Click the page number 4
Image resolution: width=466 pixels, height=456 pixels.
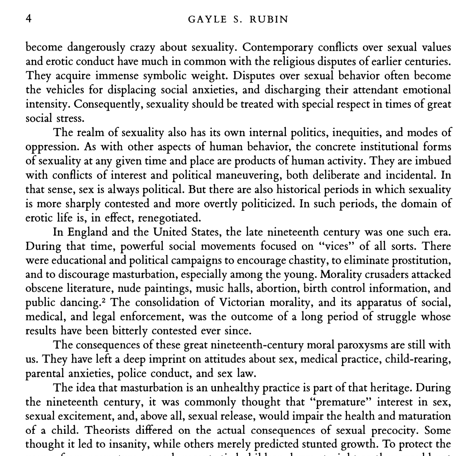pos(29,19)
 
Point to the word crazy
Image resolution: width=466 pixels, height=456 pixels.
pos(142,48)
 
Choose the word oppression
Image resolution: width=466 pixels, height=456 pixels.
pos(52,147)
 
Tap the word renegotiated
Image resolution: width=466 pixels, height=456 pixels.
pos(169,218)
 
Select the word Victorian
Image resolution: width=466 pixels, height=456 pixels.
pos(242,303)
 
